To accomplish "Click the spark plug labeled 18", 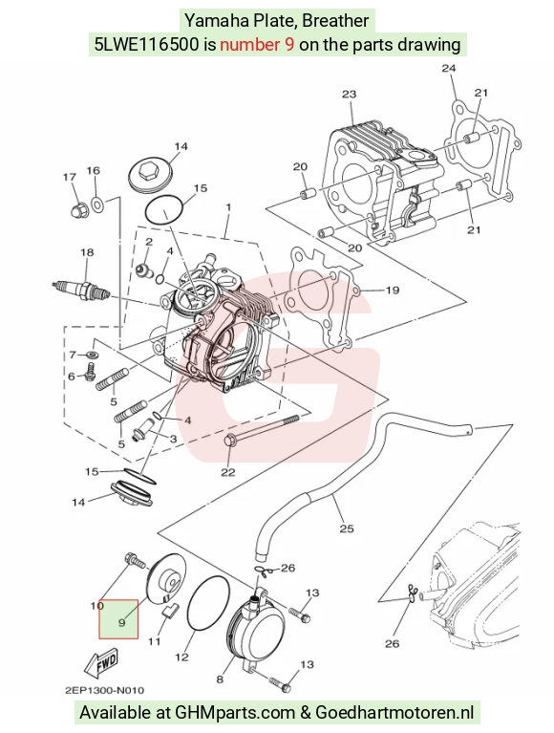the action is [83, 290].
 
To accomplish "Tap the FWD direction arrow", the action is [103, 664].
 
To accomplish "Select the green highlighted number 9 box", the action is [118, 619].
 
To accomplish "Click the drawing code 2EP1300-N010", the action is [104, 690].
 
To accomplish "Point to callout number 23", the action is [349, 95].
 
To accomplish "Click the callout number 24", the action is [448, 68].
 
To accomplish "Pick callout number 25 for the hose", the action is [347, 528].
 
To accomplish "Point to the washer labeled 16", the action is [97, 204].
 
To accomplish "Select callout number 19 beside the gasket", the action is [393, 291].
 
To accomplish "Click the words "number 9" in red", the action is [257, 44].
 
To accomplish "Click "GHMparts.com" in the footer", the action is [235, 713].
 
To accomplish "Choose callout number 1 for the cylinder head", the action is [228, 206].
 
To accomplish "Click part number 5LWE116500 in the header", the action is [146, 44].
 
